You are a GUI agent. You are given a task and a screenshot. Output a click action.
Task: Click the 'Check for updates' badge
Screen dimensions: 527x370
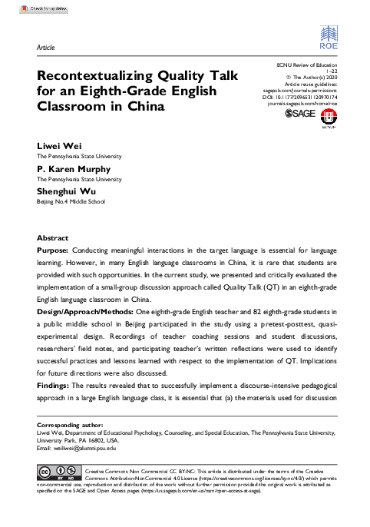pyautogui.click(x=23, y=7)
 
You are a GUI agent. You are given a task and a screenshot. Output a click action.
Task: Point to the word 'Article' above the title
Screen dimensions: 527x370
pyautogui.click(x=45, y=48)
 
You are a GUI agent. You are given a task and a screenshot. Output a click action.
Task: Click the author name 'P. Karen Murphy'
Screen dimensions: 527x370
pyautogui.click(x=74, y=169)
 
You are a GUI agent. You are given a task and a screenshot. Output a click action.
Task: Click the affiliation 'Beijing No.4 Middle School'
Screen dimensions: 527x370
pyautogui.click(x=71, y=202)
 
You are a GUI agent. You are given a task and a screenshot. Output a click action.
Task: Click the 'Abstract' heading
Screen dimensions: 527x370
pyautogui.click(x=52, y=239)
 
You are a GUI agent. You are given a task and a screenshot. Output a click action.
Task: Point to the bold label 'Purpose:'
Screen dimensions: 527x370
pyautogui.click(x=53, y=251)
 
